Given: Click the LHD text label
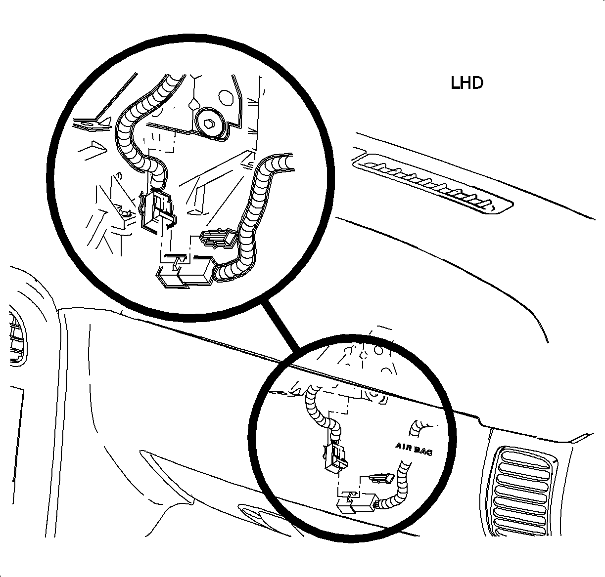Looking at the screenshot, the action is click(x=466, y=83).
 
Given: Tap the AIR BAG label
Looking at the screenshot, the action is click(x=414, y=449).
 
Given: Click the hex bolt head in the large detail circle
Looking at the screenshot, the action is click(x=209, y=124).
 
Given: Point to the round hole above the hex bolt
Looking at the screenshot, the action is click(x=226, y=97).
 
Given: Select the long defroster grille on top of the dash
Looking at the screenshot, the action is click(x=432, y=183).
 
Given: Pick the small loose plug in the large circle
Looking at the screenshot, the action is click(x=218, y=239).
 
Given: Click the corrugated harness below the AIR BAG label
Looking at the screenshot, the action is click(x=397, y=488).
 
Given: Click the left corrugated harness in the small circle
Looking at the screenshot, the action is click(x=324, y=413).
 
